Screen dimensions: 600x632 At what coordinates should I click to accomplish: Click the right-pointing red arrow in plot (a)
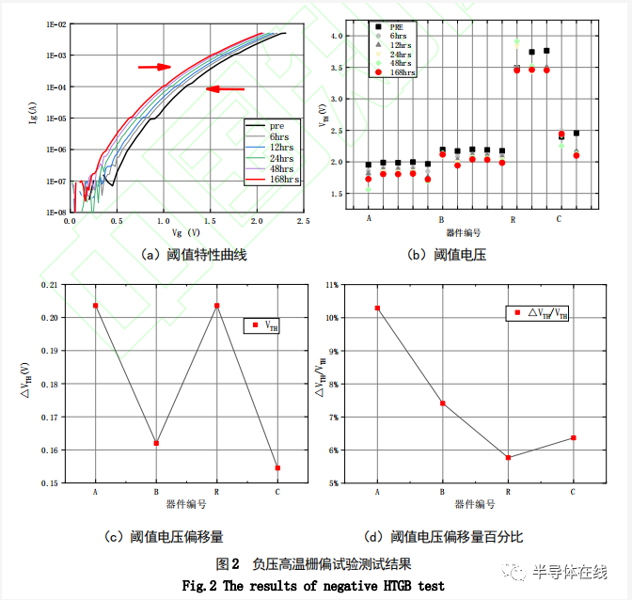(154, 67)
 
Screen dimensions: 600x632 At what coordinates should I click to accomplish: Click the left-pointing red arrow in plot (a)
(225, 89)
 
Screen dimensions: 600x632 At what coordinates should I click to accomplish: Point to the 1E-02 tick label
(52, 24)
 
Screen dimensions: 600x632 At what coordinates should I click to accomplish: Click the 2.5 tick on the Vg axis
(303, 220)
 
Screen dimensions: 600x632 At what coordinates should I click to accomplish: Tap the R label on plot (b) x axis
(513, 218)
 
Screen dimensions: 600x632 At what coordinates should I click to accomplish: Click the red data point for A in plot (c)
(96, 306)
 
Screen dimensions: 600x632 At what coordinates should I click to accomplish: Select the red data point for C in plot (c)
(277, 467)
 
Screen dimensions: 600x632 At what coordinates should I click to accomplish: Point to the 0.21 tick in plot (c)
(50, 284)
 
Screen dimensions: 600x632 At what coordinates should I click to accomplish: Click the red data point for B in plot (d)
(442, 403)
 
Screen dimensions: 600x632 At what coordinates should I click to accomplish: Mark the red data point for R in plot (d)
(508, 457)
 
